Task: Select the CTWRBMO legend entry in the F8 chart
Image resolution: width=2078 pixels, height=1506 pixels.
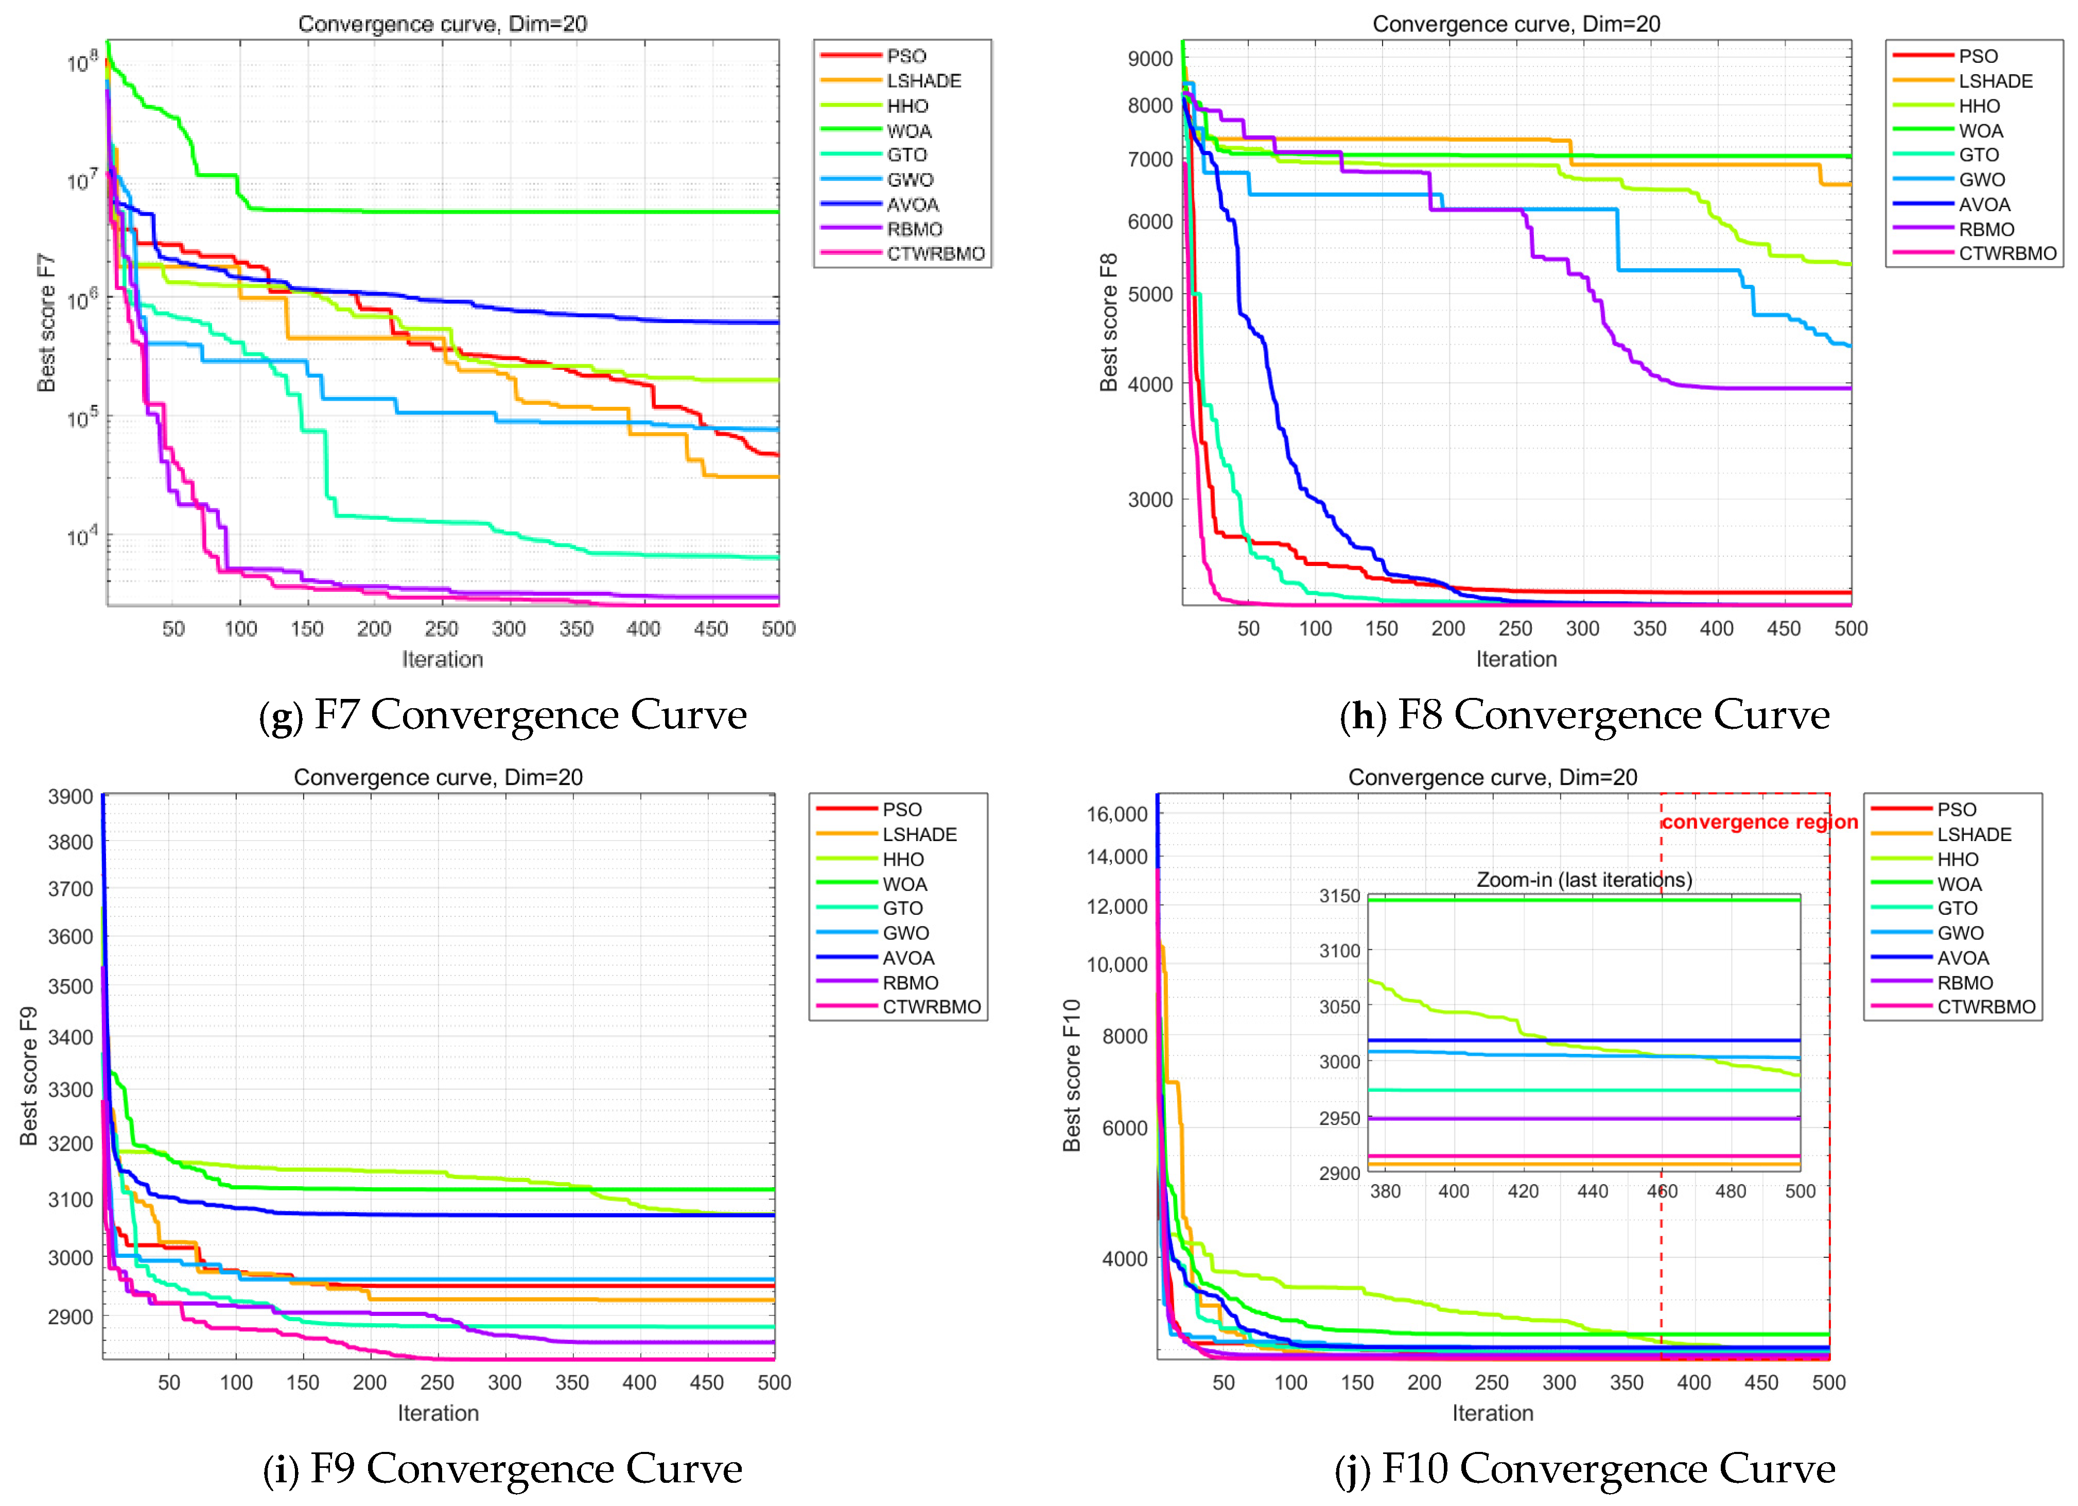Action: (2006, 254)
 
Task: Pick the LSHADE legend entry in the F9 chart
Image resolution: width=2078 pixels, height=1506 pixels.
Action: (919, 834)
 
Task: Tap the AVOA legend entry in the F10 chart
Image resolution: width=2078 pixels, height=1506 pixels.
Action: (1962, 958)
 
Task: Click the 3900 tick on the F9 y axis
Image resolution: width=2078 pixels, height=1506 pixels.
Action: (71, 797)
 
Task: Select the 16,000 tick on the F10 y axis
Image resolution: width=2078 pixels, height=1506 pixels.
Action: (1116, 814)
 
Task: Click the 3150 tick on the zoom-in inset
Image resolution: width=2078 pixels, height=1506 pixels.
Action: (1339, 896)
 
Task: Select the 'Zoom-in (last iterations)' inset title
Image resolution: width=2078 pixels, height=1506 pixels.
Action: (1583, 880)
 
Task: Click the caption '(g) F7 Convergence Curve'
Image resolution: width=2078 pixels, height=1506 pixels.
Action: (503, 715)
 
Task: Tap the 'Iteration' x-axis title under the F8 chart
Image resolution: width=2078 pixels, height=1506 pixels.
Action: (1515, 659)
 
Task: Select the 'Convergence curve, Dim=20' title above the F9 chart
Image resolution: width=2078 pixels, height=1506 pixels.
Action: (438, 777)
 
